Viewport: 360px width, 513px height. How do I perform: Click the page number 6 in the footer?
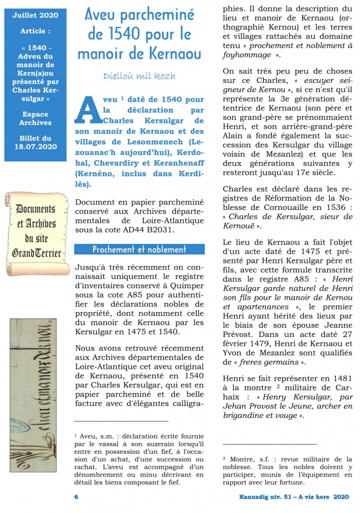coord(77,497)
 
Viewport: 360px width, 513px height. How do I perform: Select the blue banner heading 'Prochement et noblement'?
coord(139,250)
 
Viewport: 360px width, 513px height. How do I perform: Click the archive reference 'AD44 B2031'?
coord(149,230)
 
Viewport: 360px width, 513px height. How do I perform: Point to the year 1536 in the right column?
coord(328,207)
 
